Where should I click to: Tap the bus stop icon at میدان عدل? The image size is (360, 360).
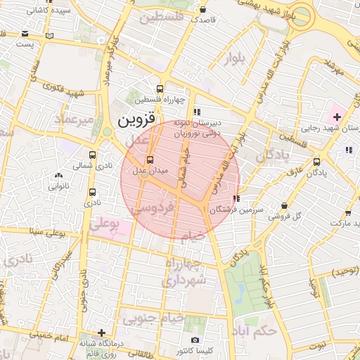pyautogui.click(x=138, y=160)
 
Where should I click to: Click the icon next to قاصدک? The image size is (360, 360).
pyautogui.click(x=203, y=11)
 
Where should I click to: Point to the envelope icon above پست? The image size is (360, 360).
pyautogui.click(x=25, y=33)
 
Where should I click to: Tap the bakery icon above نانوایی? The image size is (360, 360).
pyautogui.click(x=58, y=176)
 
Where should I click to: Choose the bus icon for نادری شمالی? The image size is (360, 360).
pyautogui.click(x=92, y=155)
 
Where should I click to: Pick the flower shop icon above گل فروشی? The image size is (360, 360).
pyautogui.click(x=284, y=205)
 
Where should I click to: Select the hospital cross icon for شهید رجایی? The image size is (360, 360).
pyautogui.click(x=337, y=115)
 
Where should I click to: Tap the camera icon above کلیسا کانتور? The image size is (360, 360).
pyautogui.click(x=195, y=340)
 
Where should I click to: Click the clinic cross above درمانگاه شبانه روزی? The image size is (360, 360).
pyautogui.click(x=102, y=333)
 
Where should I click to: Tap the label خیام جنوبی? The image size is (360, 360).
pyautogui.click(x=154, y=319)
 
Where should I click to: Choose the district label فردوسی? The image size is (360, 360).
pyautogui.click(x=162, y=209)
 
